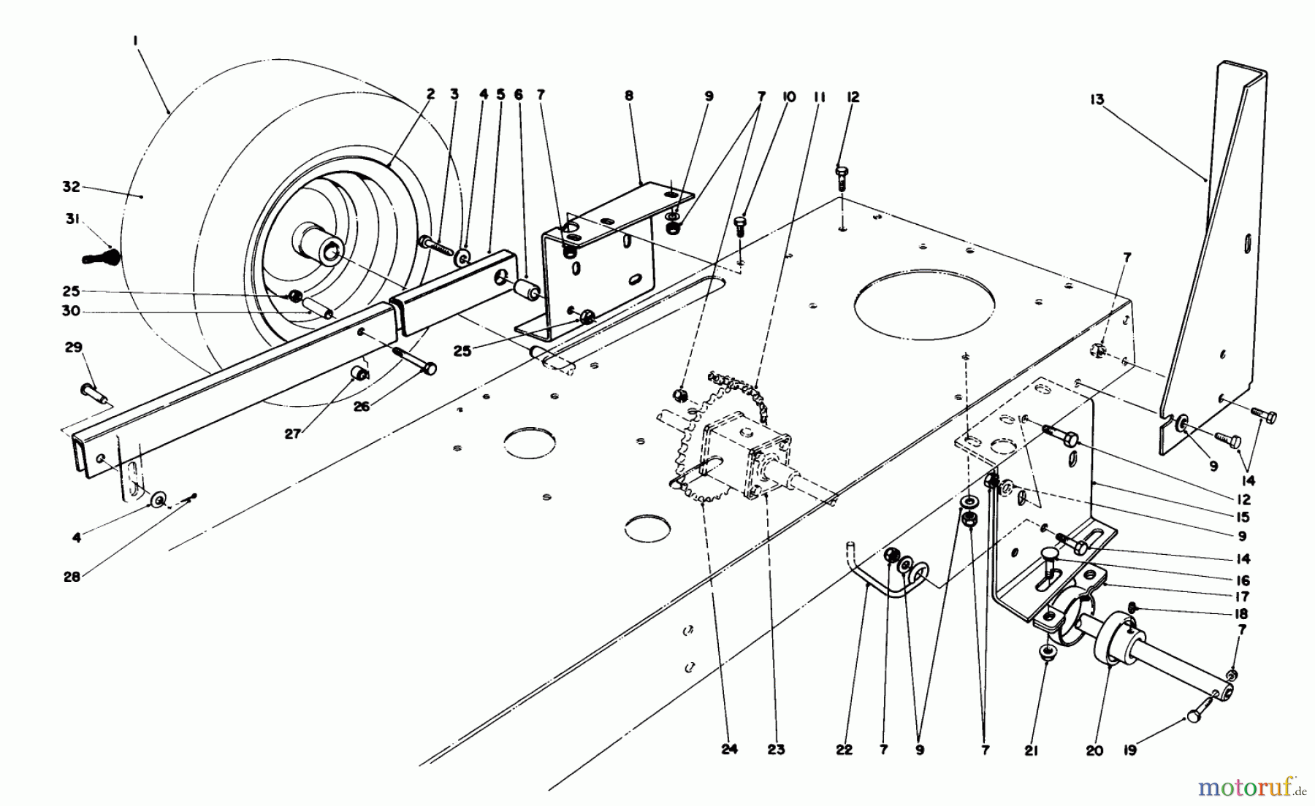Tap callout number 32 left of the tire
click(x=70, y=187)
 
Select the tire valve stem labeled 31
click(x=102, y=257)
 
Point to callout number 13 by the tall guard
click(x=1097, y=100)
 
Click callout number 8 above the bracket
click(x=629, y=96)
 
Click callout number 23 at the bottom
click(x=777, y=749)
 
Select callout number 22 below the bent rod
click(x=844, y=749)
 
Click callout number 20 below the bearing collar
click(x=1094, y=749)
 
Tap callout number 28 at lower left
click(x=72, y=577)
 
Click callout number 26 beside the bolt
click(x=362, y=407)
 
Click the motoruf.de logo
click(x=1248, y=787)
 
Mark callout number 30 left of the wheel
click(x=70, y=312)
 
